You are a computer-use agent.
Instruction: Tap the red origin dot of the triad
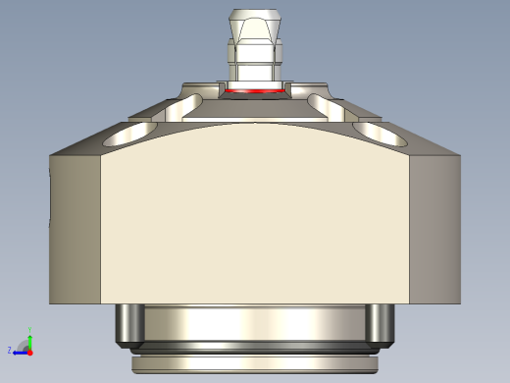tap(29, 350)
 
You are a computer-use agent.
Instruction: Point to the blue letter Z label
tap(10, 350)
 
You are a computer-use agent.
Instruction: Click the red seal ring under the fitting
tap(253, 91)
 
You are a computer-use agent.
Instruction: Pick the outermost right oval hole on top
tap(377, 131)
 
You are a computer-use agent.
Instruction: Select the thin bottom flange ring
tap(253, 364)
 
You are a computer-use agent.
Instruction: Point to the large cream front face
tap(253, 216)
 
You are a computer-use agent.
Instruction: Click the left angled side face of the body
tap(76, 226)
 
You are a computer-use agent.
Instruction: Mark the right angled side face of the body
tap(432, 226)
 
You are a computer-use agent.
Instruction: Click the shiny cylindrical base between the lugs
tap(253, 322)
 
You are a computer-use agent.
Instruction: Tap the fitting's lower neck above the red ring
tap(253, 75)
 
